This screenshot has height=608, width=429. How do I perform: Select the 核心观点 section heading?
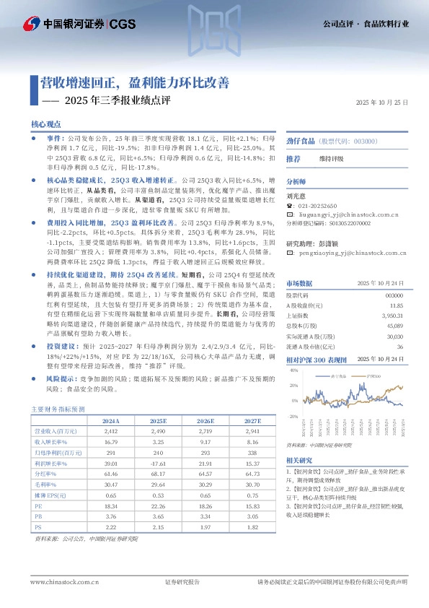[46, 124]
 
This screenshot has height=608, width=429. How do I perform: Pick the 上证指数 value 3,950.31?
[392, 316]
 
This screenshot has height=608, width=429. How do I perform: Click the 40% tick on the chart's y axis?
[293, 370]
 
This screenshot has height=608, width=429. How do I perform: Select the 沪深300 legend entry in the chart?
[373, 376]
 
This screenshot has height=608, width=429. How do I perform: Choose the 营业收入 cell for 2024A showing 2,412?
[111, 430]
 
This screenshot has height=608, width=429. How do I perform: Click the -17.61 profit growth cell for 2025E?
[157, 462]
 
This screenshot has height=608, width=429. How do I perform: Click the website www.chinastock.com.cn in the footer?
[58, 581]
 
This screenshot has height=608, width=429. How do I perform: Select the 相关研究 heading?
[300, 460]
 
